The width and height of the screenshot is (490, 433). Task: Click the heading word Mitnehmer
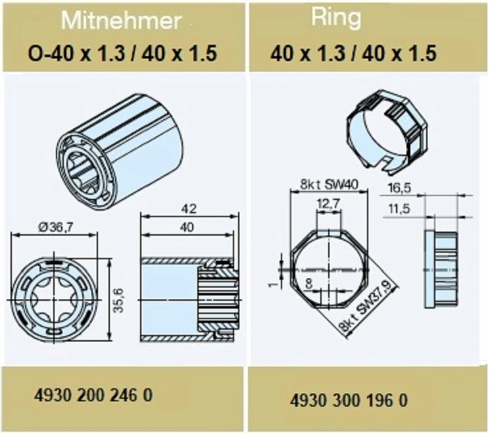click(x=121, y=20)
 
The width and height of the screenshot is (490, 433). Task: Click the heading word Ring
click(x=336, y=18)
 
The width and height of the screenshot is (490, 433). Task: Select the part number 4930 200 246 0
click(x=93, y=395)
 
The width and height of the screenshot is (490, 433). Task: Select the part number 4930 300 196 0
click(x=349, y=401)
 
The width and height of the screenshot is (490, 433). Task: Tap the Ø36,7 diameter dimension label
click(x=57, y=227)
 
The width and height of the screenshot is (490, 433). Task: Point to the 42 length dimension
click(x=189, y=209)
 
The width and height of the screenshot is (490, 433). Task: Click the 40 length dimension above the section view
click(x=187, y=227)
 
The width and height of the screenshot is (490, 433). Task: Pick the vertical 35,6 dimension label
click(x=119, y=301)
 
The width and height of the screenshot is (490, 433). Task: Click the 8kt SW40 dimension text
click(x=329, y=184)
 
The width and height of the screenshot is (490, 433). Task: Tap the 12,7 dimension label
click(x=328, y=204)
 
